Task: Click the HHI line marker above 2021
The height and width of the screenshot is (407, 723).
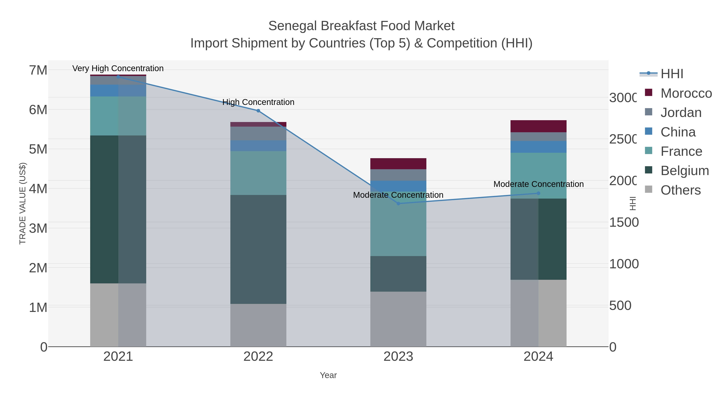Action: [118, 76]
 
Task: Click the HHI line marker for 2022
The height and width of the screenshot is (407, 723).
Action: [258, 111]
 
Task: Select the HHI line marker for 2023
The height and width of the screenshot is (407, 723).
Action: [398, 203]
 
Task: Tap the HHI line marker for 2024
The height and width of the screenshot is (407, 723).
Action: [538, 193]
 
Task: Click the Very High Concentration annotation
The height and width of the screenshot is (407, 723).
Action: [118, 68]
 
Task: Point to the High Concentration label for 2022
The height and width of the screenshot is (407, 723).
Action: [258, 102]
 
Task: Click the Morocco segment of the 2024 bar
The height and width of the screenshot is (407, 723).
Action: [538, 126]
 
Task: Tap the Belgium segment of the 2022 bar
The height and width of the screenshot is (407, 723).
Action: [258, 249]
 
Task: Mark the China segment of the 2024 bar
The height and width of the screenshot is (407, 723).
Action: [538, 147]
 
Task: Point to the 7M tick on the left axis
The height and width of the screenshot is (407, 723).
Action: [38, 70]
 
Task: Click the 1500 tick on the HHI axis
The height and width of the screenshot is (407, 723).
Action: [624, 222]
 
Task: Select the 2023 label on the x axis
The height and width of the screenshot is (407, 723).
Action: [398, 356]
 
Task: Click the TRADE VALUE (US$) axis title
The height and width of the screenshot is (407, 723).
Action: [22, 203]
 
